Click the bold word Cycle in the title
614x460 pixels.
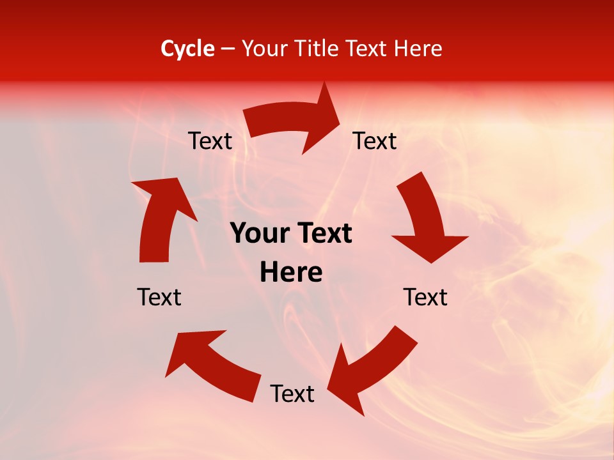click(187, 49)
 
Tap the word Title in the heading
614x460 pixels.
click(318, 49)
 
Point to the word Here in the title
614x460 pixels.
click(418, 49)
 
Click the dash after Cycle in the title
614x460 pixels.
click(228, 49)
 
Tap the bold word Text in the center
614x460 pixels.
click(323, 234)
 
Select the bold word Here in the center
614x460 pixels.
click(291, 273)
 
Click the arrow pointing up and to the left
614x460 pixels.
click(211, 364)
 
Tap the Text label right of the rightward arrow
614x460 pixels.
click(375, 141)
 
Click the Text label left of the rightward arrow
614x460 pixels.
click(210, 141)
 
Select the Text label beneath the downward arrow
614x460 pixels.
click(425, 297)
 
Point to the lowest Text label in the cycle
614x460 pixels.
click(292, 394)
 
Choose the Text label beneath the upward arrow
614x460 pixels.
click(159, 297)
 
